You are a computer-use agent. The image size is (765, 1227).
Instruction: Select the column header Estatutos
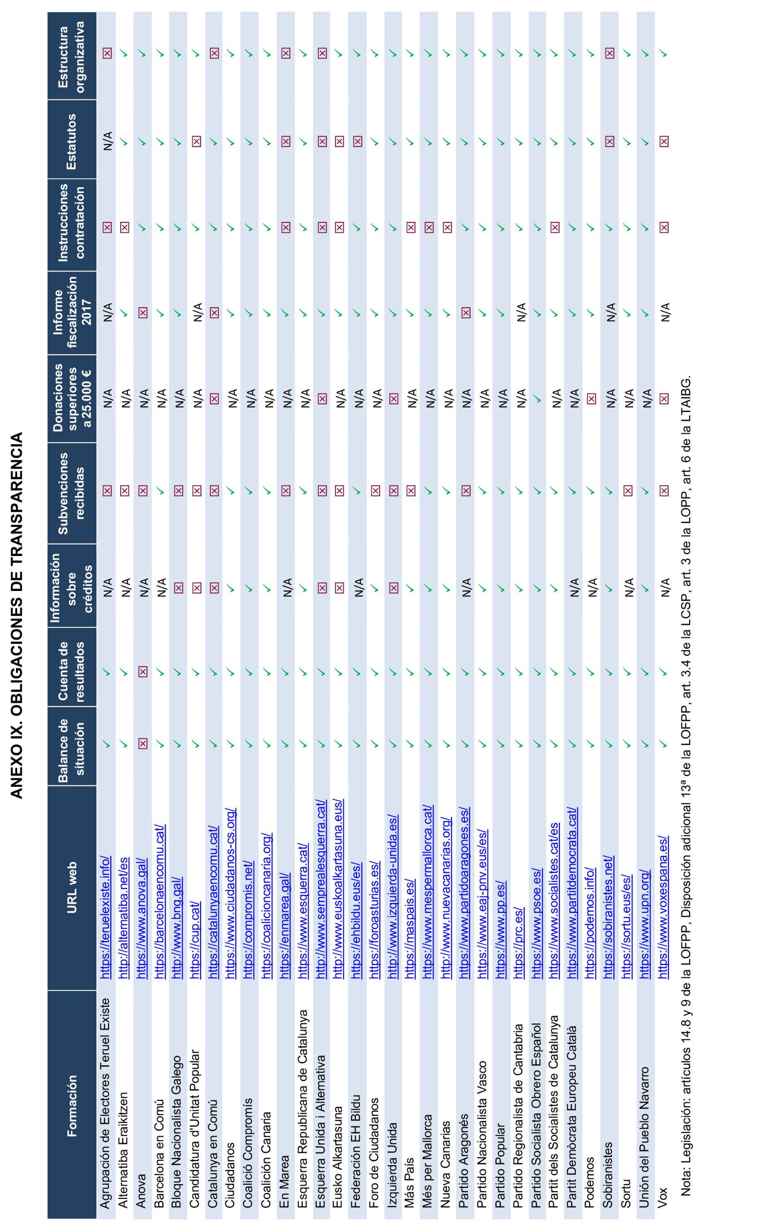coord(71,142)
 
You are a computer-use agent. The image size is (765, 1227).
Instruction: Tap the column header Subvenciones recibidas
coord(71,493)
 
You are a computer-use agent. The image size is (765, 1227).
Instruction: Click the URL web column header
coord(71,888)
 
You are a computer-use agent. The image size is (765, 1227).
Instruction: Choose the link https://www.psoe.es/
coord(537,923)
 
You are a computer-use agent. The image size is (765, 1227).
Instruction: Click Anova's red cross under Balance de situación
coord(143,743)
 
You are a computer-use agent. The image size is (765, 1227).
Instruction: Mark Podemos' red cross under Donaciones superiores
coord(591,399)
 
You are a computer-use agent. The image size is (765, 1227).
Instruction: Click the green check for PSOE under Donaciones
coord(537,399)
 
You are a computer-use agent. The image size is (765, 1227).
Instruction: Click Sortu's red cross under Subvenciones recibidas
coord(628,490)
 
